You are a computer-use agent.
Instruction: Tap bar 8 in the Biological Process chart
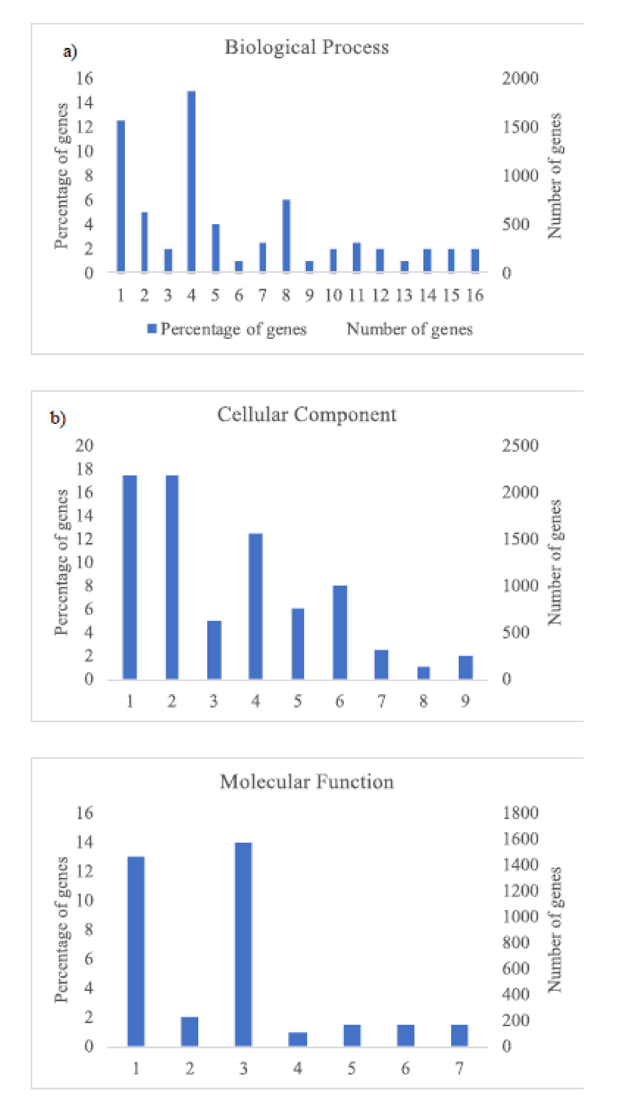(x=286, y=236)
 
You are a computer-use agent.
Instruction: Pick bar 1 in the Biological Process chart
(x=121, y=196)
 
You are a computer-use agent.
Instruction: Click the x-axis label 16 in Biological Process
(x=475, y=295)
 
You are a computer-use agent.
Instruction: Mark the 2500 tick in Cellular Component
(x=520, y=446)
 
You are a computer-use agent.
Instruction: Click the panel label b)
(x=58, y=418)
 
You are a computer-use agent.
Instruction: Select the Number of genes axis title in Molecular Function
(x=555, y=929)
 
